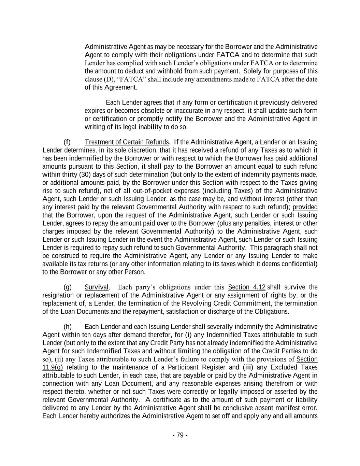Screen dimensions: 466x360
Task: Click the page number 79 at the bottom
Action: [x=180, y=435]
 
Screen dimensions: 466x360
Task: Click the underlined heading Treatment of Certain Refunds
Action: [x=127, y=142]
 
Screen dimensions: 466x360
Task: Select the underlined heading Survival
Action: [x=97, y=287]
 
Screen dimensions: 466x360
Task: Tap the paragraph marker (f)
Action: [x=67, y=142]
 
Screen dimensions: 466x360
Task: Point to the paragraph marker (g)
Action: [x=68, y=287]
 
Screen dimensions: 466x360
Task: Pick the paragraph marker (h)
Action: [x=68, y=327]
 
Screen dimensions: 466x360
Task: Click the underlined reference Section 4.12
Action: [x=247, y=287]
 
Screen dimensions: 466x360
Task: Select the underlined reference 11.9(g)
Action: [x=53, y=367]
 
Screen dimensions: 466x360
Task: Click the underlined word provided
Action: [x=305, y=207]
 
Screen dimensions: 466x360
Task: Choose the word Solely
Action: [x=252, y=71]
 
